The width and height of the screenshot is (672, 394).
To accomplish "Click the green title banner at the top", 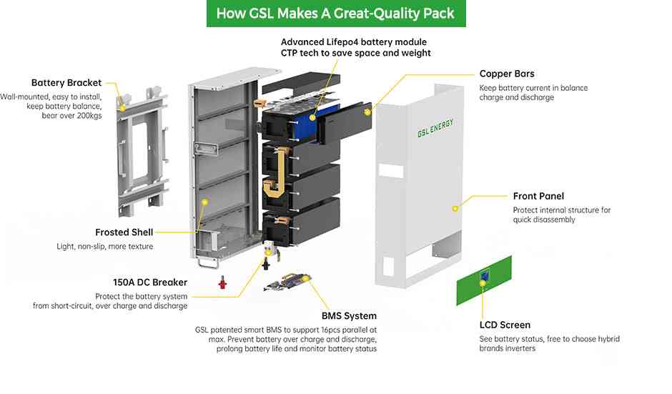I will click(335, 14).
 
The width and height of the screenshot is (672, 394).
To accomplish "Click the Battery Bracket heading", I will click(66, 83).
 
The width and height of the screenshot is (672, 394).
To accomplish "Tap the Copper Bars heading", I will click(507, 74).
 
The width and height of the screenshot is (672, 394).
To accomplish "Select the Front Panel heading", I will click(538, 196).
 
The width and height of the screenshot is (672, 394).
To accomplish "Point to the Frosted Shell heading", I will click(124, 232).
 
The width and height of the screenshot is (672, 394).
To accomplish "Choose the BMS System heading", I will click(349, 315).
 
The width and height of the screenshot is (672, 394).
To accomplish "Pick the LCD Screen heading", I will click(505, 325).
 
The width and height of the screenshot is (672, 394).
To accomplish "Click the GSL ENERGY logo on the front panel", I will click(435, 128).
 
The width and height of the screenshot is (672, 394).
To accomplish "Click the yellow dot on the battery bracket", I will click(123, 107).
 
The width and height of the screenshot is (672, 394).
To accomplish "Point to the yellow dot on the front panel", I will click(454, 208).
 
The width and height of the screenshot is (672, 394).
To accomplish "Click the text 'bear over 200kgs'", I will click(72, 116).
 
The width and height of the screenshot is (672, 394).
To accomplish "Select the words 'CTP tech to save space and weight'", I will click(355, 53).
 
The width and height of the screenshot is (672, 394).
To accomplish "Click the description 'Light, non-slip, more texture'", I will click(105, 247).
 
